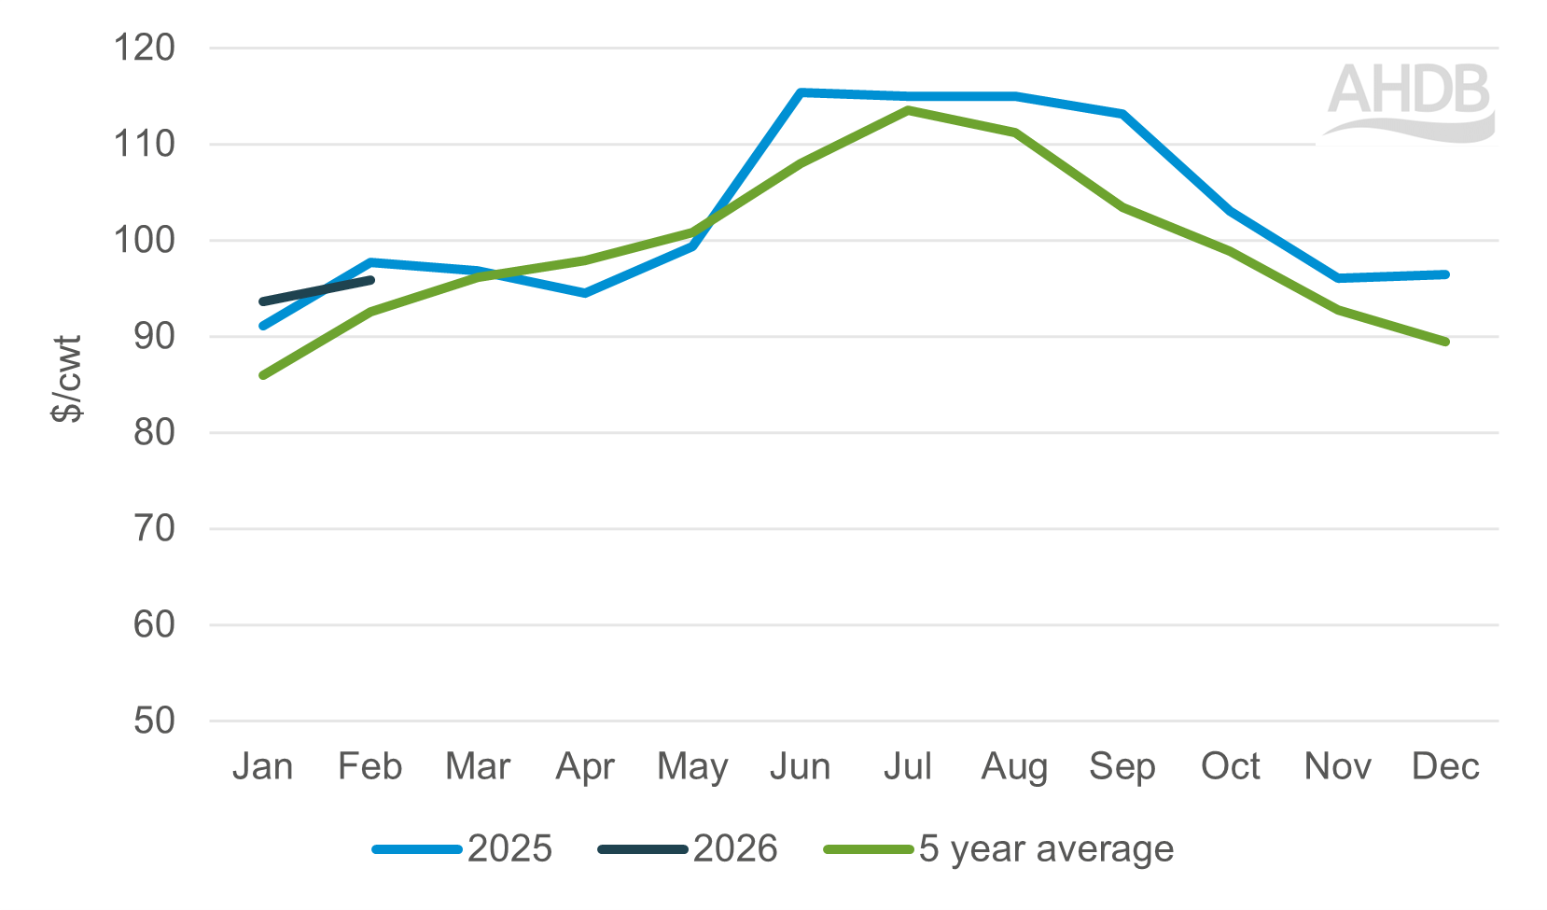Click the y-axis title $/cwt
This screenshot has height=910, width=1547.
[68, 378]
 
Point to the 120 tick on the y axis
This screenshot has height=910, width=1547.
[145, 48]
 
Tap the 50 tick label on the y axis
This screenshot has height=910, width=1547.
[154, 721]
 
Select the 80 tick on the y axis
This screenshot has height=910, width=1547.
[154, 432]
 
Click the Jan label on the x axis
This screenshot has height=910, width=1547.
[262, 766]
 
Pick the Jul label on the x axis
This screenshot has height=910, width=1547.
[908, 766]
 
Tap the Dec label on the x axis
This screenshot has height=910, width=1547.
[1445, 766]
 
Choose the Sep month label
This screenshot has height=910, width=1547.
[1122, 766]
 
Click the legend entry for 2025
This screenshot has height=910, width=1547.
[509, 848]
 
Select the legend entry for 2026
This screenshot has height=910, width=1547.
[735, 848]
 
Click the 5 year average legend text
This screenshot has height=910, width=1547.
[1046, 848]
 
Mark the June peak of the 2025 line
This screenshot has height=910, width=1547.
[801, 92]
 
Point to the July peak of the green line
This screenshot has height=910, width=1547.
[908, 110]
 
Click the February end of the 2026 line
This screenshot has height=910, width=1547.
[371, 280]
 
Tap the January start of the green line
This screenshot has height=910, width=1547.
[263, 375]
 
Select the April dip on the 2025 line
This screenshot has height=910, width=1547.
[585, 293]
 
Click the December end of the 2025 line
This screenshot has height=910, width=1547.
[1445, 274]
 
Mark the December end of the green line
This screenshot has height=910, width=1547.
[1445, 342]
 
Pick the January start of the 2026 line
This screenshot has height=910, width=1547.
[263, 301]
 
